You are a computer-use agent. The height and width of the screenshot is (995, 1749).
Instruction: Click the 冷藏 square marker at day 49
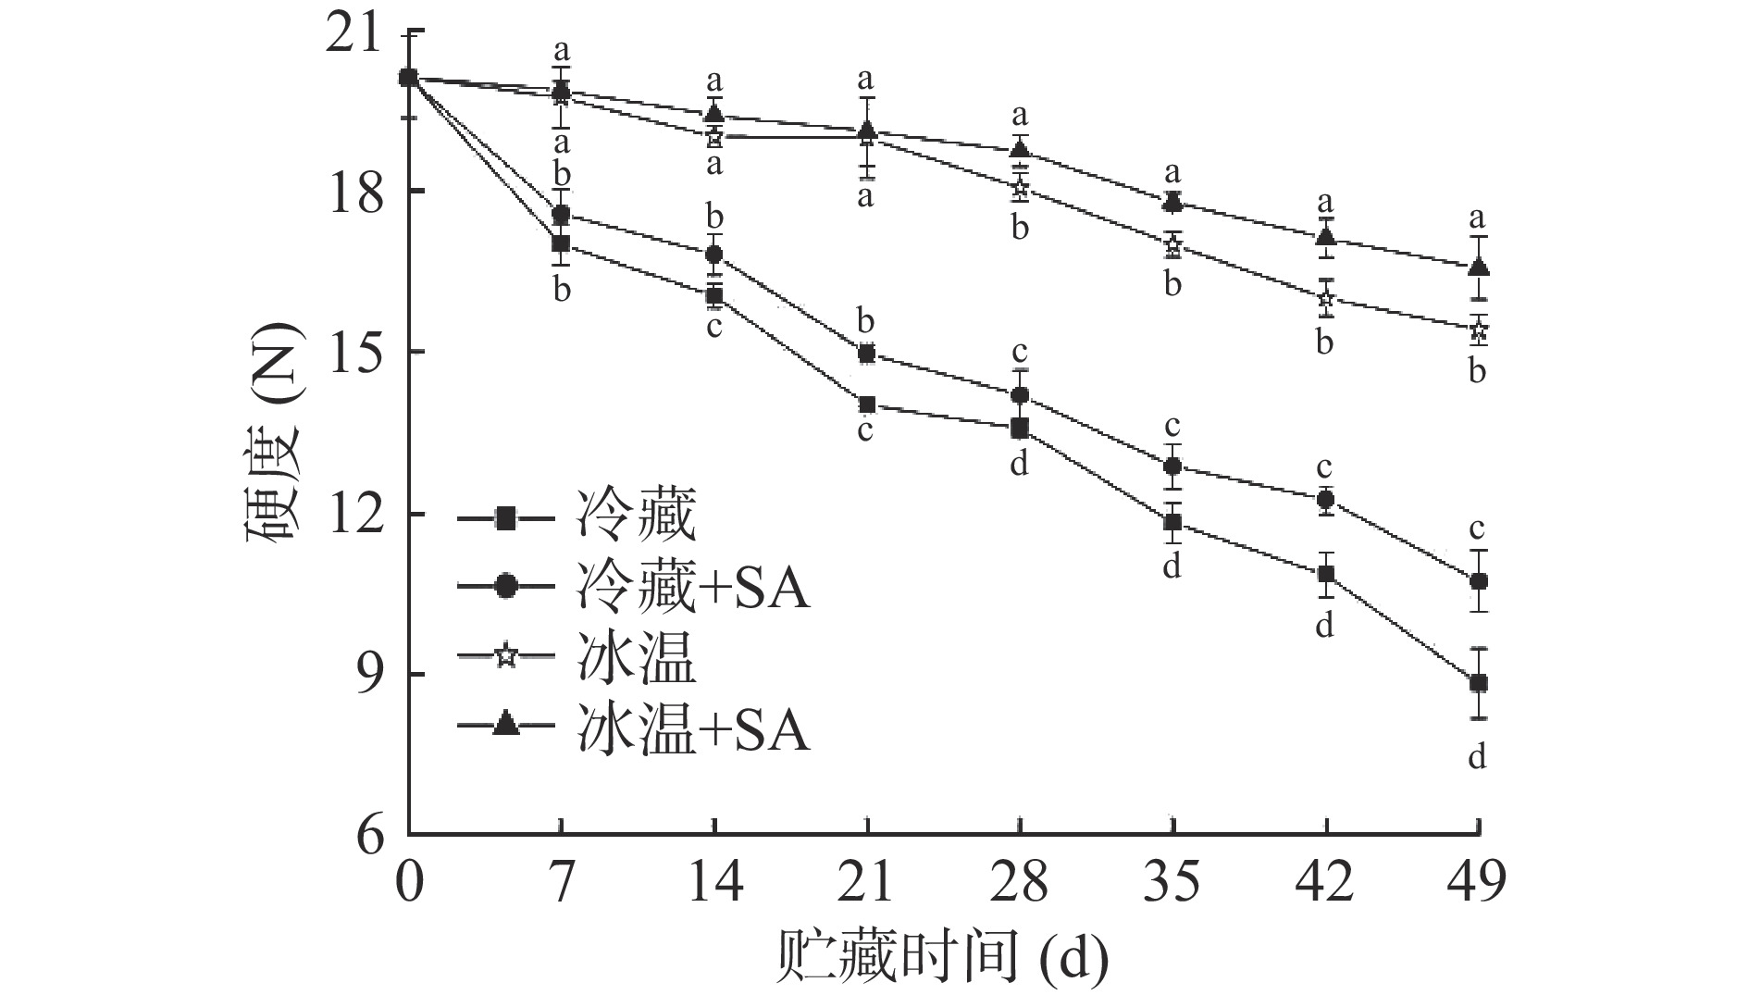[1479, 684]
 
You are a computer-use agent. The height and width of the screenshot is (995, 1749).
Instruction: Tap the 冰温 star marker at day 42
[1326, 298]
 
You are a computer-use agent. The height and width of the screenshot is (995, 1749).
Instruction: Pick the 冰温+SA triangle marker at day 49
[1479, 267]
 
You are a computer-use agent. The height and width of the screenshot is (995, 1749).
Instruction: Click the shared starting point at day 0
[409, 78]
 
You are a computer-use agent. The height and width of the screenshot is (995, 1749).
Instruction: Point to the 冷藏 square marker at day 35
[1173, 522]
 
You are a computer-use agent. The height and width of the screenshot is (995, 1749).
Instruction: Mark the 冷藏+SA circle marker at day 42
[1326, 500]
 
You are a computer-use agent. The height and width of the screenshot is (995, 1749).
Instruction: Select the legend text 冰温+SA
[692, 730]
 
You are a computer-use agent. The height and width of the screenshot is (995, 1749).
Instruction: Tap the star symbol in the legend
[505, 658]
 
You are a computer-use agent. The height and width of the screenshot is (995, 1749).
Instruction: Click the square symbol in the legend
[505, 517]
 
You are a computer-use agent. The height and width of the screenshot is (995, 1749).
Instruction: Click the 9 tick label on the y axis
[367, 675]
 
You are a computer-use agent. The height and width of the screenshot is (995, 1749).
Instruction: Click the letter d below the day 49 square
[1478, 757]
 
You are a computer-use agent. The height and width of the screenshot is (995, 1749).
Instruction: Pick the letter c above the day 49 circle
[1478, 529]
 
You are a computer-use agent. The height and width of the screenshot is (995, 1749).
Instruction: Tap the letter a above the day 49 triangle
[1478, 218]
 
